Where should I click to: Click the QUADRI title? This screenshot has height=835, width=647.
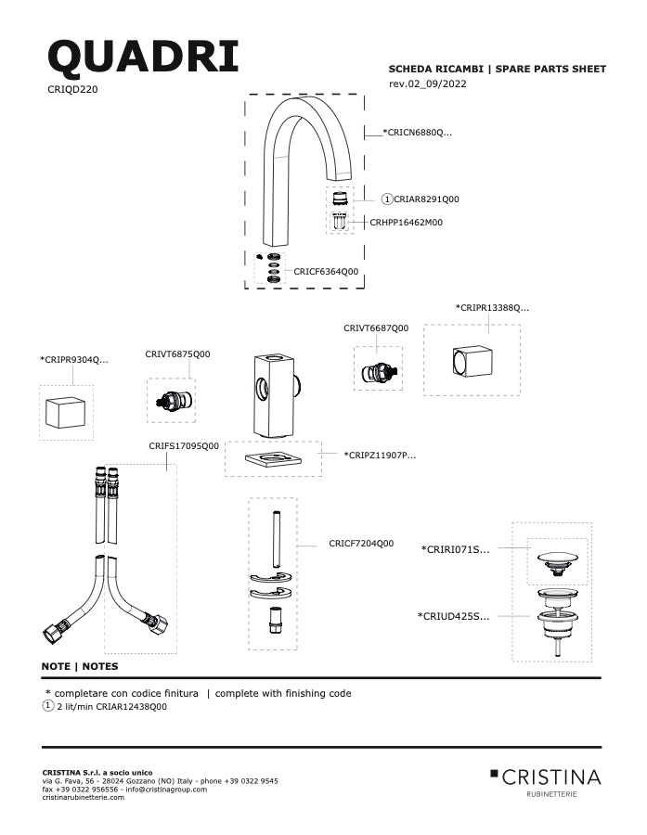(143, 57)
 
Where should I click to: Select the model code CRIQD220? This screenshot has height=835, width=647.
(72, 89)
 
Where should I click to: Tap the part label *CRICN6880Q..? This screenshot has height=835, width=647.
(418, 133)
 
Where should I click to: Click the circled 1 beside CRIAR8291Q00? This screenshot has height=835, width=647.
(387, 199)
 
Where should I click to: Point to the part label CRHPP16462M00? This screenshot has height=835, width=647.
(406, 223)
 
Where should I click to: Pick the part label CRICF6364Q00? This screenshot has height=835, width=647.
(326, 272)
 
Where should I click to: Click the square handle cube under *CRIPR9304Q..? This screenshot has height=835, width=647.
(66, 412)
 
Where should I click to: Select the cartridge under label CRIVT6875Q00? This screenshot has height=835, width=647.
(172, 402)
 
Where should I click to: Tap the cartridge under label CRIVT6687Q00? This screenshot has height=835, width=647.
(378, 372)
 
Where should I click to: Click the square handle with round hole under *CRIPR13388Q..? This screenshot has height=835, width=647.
(472, 362)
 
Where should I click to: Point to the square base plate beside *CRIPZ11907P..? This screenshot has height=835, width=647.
(274, 457)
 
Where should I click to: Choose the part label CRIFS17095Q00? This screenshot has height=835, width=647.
(184, 446)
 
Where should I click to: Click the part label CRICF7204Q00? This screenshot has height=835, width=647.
(361, 544)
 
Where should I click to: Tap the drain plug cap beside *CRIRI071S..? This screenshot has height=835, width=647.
(558, 563)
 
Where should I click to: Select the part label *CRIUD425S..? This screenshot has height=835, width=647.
(454, 617)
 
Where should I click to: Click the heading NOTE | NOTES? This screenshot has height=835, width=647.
(80, 666)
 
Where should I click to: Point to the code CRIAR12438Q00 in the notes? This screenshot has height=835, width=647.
(131, 707)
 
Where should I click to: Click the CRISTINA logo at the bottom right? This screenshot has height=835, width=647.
(546, 782)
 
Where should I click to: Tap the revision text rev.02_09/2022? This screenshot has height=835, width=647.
(428, 83)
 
